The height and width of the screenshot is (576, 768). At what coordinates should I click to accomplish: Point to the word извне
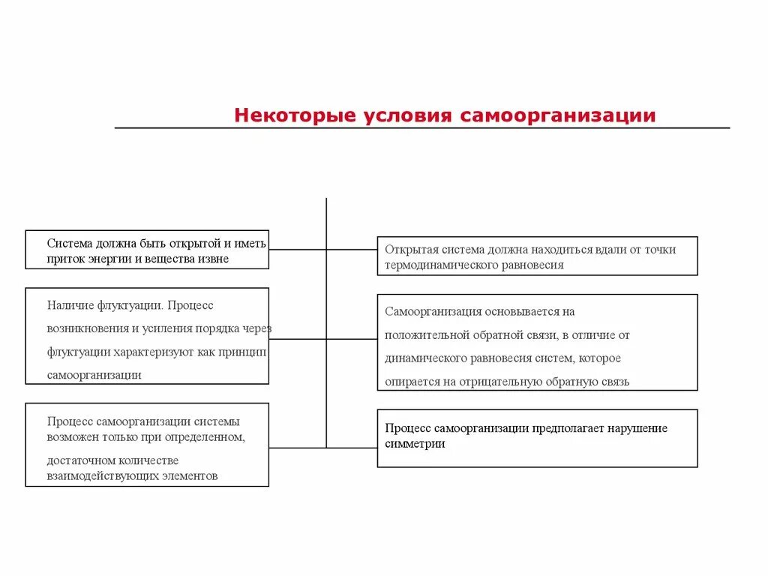213,259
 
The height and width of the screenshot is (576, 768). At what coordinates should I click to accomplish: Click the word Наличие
70,305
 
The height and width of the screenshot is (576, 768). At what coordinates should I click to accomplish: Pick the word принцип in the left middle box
244,352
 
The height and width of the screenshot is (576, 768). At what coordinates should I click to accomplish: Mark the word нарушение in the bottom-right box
636,428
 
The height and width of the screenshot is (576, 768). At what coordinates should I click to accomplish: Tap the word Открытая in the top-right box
409,249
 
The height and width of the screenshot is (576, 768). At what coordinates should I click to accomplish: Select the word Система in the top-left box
68,243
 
